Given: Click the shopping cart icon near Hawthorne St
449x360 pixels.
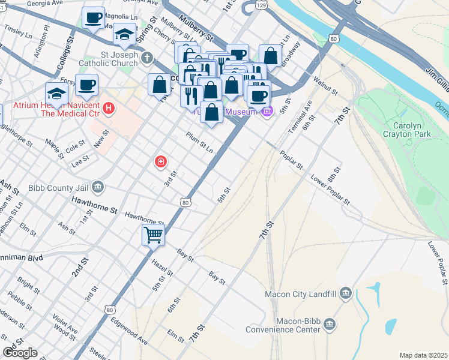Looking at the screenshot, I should pos(153,235).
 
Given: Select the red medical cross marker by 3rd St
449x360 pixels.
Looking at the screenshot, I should pos(160,161).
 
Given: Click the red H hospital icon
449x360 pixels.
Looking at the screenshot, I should pos(109,109).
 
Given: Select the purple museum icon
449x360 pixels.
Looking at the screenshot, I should pos(268,111).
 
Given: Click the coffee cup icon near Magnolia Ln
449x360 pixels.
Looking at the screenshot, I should pos(92,17).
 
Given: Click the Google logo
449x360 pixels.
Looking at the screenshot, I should pos(19,353).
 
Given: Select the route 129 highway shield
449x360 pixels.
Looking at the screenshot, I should pos(261,5).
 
